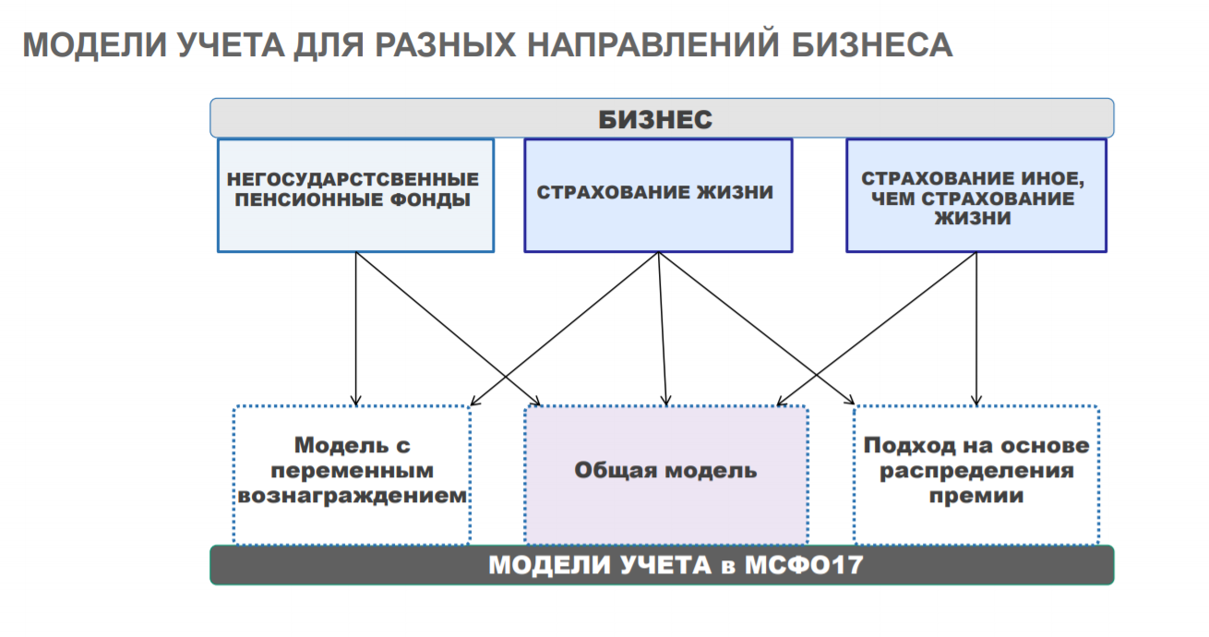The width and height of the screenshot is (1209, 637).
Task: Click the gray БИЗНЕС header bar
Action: (661, 119)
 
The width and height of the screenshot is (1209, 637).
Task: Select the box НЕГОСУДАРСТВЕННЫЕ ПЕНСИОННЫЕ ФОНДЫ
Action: (355, 195)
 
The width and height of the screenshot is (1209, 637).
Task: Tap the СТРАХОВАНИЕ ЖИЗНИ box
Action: (658, 195)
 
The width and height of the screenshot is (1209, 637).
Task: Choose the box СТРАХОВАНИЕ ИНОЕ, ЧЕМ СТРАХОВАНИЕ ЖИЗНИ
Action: (976, 195)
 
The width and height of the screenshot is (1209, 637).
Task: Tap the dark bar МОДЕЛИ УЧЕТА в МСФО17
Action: (661, 565)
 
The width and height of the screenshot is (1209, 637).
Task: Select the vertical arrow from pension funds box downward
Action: (356, 328)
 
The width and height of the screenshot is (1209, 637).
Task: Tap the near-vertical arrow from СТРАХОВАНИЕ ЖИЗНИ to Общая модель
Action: (662, 328)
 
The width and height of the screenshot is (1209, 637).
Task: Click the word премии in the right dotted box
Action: (976, 497)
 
